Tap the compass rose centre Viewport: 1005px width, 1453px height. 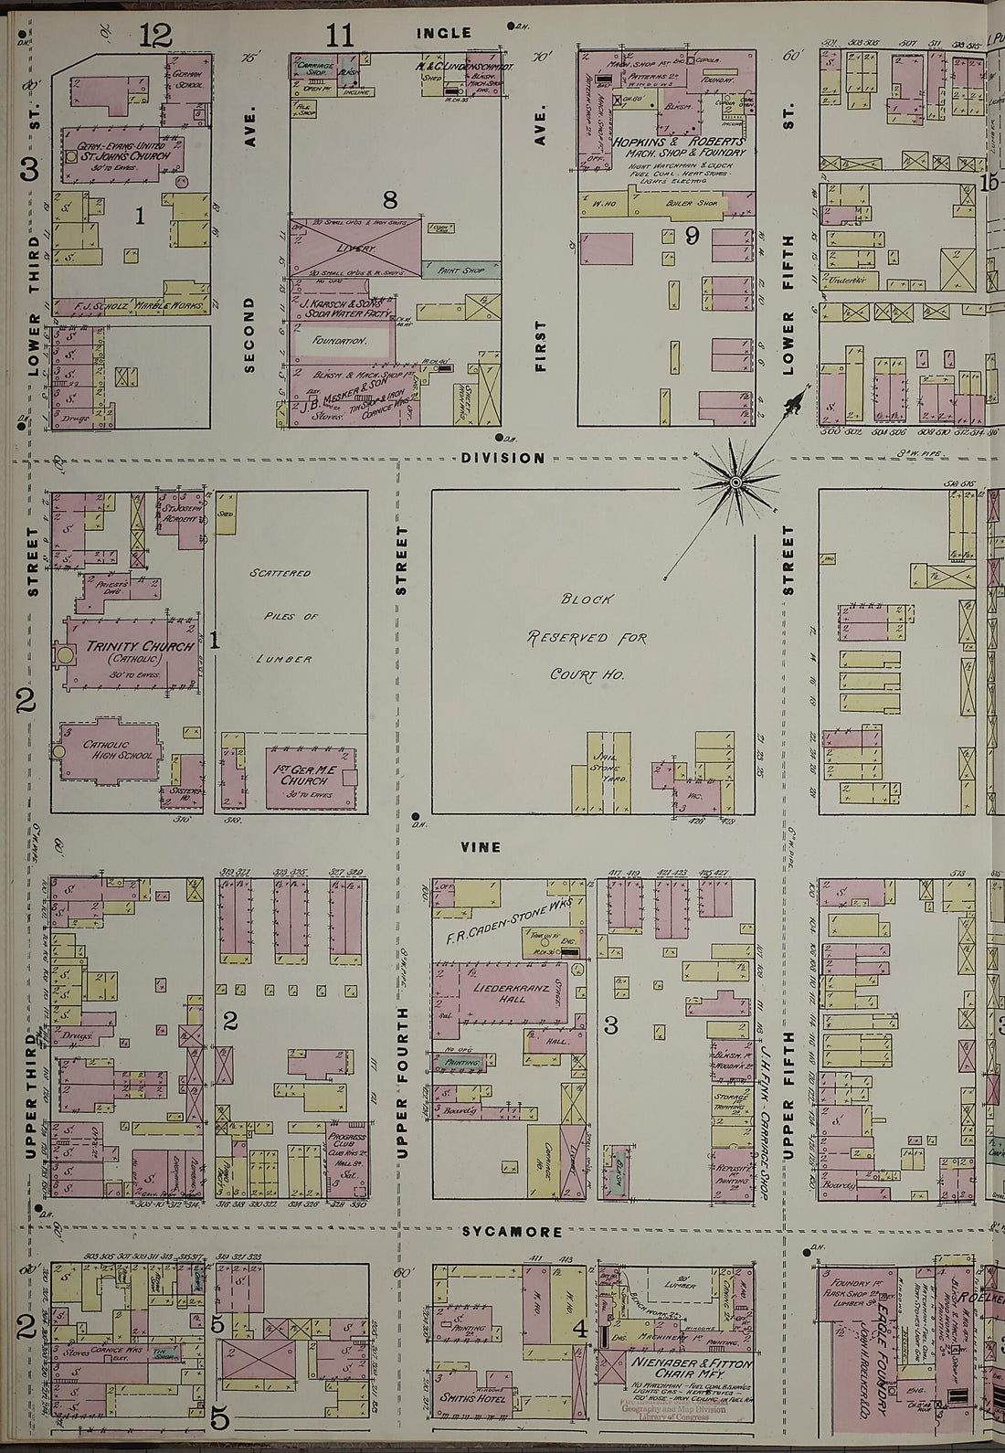click(x=735, y=482)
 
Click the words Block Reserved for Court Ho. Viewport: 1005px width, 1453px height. click(x=586, y=637)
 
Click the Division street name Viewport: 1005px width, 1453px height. click(x=503, y=458)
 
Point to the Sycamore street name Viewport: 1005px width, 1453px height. click(x=511, y=1232)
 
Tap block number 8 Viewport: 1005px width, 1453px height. click(x=390, y=199)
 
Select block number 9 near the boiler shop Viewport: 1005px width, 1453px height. click(x=692, y=236)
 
